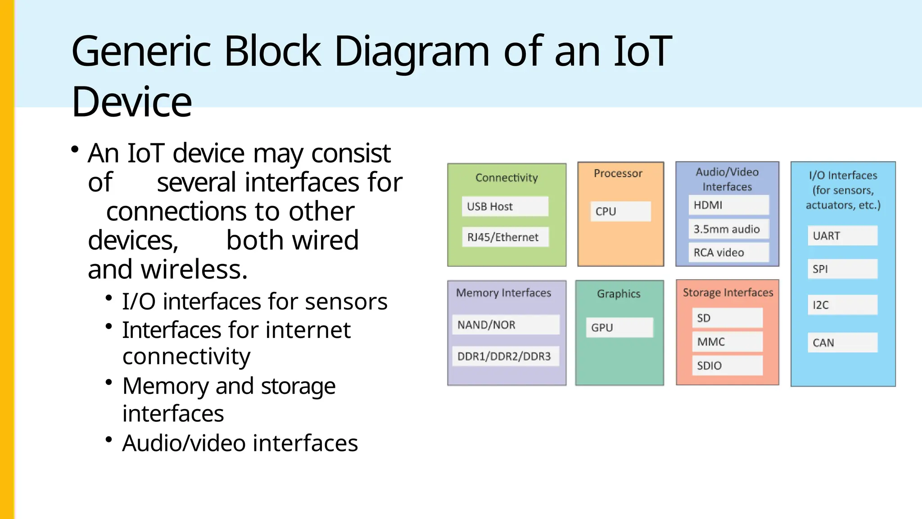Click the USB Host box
point(505,206)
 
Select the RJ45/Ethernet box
point(505,237)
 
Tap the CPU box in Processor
point(620,211)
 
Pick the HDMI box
point(728,205)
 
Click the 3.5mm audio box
point(728,229)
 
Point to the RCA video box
point(728,252)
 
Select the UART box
point(842,236)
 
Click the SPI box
point(842,269)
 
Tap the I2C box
point(842,305)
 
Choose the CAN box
point(842,343)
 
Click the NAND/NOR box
point(506,325)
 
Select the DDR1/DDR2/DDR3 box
point(506,356)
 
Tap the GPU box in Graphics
point(619,328)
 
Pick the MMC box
point(727,342)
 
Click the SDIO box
point(727,365)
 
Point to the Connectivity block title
point(506,178)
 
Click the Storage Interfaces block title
point(728,292)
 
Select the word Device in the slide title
point(131,102)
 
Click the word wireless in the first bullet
point(194,269)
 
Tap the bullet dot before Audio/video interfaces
point(108,439)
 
